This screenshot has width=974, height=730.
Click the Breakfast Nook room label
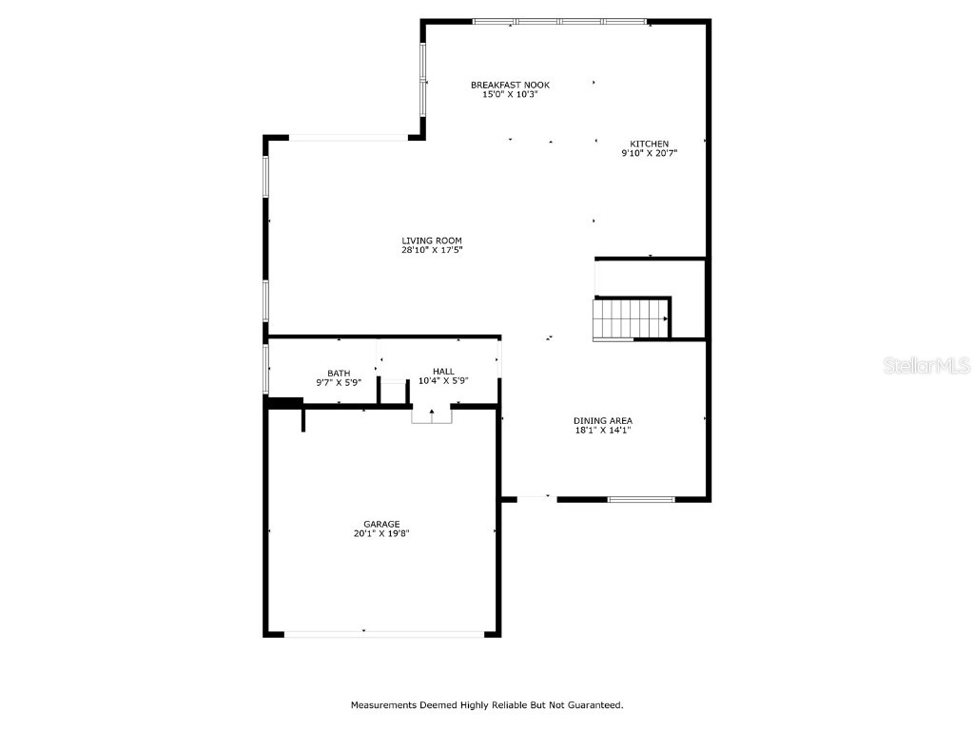pos(510,85)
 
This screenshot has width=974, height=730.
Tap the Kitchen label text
pos(649,144)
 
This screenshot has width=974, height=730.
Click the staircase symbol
pos(630,317)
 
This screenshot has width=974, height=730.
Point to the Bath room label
pos(339,373)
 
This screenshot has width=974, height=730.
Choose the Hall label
pos(443,371)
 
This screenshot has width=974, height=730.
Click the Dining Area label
pos(602,420)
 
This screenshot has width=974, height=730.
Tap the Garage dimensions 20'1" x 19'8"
pos(381,533)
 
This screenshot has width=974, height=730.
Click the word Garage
pos(381,523)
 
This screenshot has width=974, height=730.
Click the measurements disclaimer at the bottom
pos(487,704)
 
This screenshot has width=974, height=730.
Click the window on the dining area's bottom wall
pos(641,498)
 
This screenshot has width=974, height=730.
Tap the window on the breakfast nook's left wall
pos(423,79)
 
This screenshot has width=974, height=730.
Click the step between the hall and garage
pos(431,416)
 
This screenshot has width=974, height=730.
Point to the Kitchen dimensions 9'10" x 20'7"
pos(649,153)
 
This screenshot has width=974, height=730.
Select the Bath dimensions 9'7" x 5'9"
pos(339,382)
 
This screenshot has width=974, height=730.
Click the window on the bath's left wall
pos(266,369)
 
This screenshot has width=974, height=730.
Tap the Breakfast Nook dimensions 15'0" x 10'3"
pos(510,94)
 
